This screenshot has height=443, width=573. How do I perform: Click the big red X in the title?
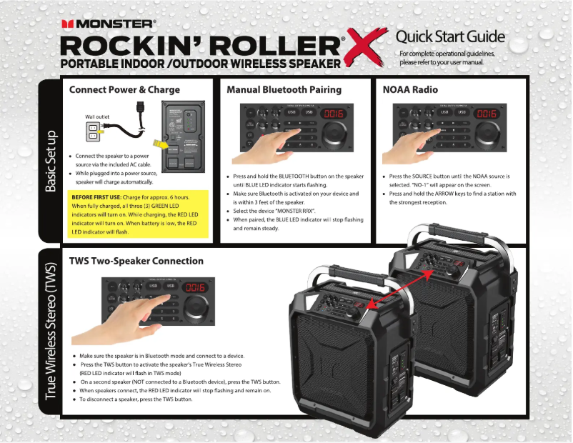coord(364,52)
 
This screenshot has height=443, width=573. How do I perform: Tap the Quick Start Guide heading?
coord(450,36)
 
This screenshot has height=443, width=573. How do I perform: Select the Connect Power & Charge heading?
coord(124,90)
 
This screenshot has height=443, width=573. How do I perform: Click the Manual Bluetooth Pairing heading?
coord(284,90)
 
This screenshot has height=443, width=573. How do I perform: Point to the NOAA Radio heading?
coord(410,90)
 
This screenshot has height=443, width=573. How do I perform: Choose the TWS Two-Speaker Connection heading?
coord(136,261)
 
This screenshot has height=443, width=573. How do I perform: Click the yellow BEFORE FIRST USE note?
coord(139,214)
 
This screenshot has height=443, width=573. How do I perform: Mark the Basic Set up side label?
coord(51,161)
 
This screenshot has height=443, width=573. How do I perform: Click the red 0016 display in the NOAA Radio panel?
coord(487,114)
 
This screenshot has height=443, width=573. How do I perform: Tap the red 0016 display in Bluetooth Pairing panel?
coord(334,114)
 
